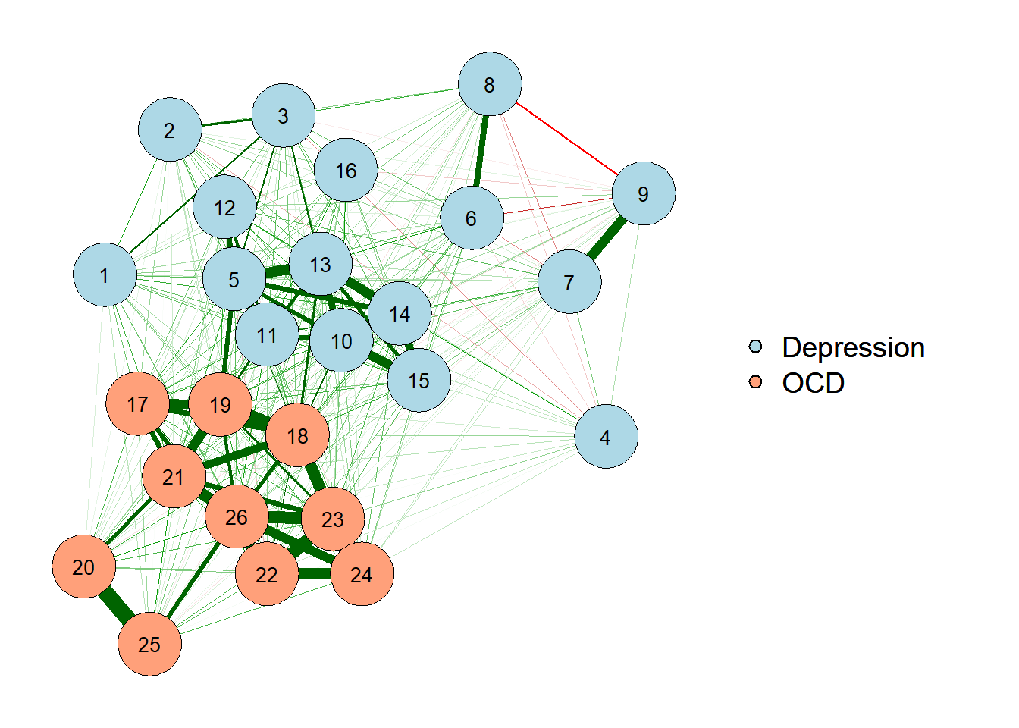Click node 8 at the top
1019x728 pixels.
click(x=490, y=84)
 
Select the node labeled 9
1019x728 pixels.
click(x=643, y=193)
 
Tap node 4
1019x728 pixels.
click(x=606, y=437)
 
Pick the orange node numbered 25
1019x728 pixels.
click(x=149, y=644)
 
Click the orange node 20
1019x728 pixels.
click(x=83, y=566)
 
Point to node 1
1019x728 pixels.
click(x=105, y=275)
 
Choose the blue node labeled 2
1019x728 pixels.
click(x=170, y=130)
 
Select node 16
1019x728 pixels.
click(x=346, y=170)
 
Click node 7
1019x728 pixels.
click(x=569, y=282)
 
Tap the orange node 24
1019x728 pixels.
click(x=362, y=574)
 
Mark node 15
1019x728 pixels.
click(x=419, y=380)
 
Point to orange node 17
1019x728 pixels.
click(x=137, y=404)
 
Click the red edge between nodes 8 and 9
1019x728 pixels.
click(x=567, y=139)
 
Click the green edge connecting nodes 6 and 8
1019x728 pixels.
click(x=481, y=152)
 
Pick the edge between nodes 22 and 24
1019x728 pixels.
click(x=314, y=573)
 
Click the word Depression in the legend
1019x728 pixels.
click(x=853, y=347)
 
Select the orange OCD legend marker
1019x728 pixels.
click(x=755, y=382)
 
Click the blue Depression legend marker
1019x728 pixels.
click(x=755, y=347)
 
